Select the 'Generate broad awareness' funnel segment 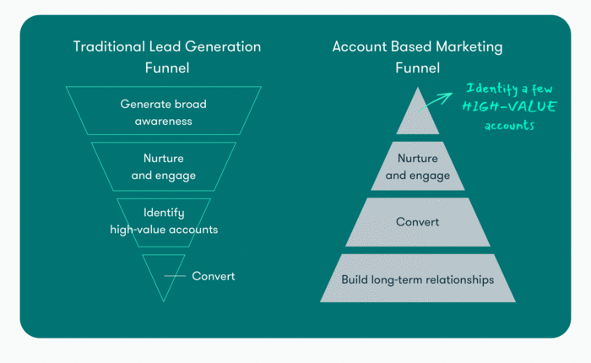click(163, 112)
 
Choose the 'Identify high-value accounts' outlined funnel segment click(163, 220)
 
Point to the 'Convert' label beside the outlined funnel click(213, 276)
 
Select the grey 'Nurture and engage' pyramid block click(418, 168)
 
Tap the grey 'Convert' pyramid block click(418, 223)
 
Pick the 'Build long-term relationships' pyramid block click(418, 279)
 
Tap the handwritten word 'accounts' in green click(509, 125)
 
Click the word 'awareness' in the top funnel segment click(163, 121)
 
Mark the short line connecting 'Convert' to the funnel click(174, 276)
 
